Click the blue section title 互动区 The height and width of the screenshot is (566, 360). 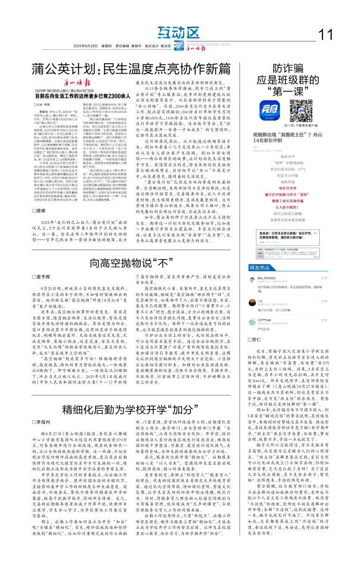(178, 32)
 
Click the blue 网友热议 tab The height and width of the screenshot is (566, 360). (260, 268)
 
